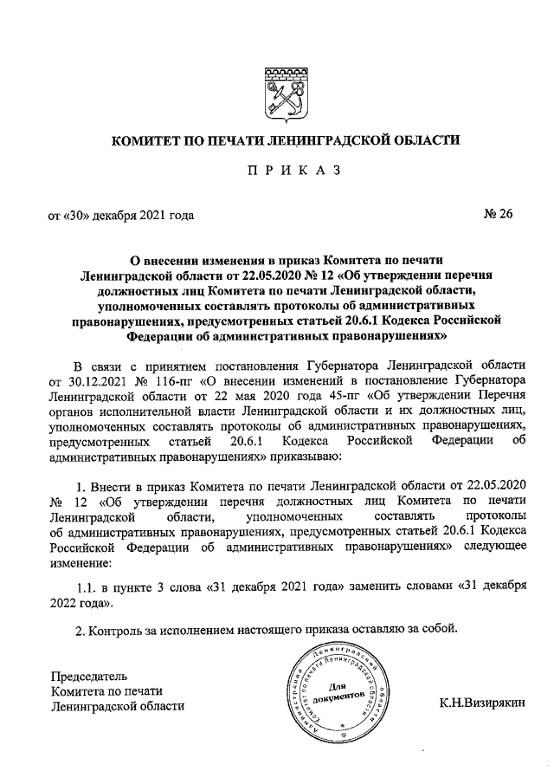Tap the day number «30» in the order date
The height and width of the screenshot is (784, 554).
[x=74, y=216]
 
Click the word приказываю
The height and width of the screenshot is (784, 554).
[x=308, y=456]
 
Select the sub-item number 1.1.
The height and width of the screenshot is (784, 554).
[x=88, y=587]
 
